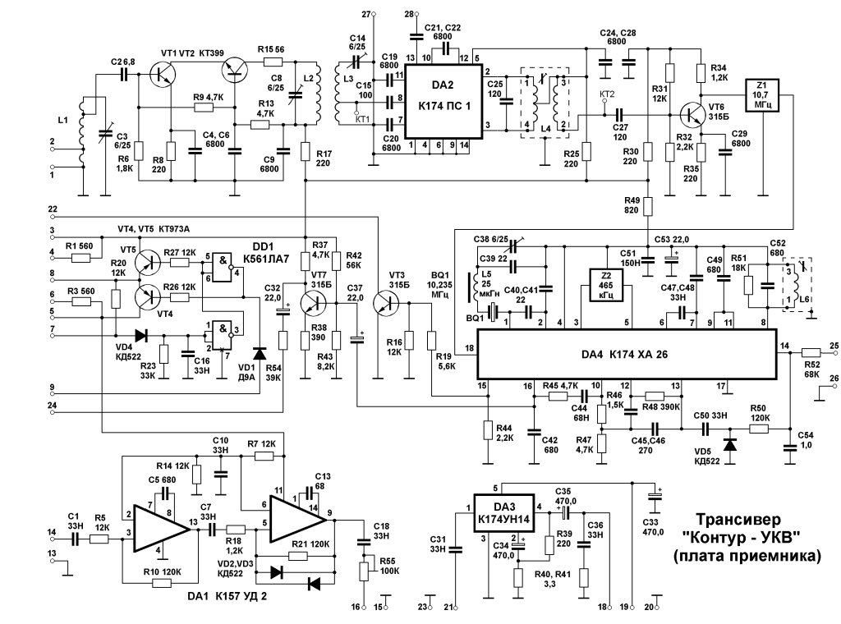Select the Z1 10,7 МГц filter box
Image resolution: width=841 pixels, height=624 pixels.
[x=762, y=95]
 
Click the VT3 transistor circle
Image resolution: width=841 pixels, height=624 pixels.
[x=386, y=304]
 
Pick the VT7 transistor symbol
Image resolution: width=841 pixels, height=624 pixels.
[x=313, y=304]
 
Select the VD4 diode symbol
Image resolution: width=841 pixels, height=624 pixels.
[x=141, y=336]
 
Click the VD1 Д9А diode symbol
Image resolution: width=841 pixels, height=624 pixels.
[x=260, y=353]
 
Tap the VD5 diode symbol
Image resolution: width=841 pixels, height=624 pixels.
[x=729, y=444]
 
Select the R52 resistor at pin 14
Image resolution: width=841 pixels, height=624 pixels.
[x=811, y=353]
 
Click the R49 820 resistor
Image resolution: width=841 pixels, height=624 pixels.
[x=649, y=206]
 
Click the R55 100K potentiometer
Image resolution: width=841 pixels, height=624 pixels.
[x=364, y=571]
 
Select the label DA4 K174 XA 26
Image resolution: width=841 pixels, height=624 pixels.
[x=625, y=355]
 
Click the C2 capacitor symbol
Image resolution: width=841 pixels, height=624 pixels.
[x=125, y=75]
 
